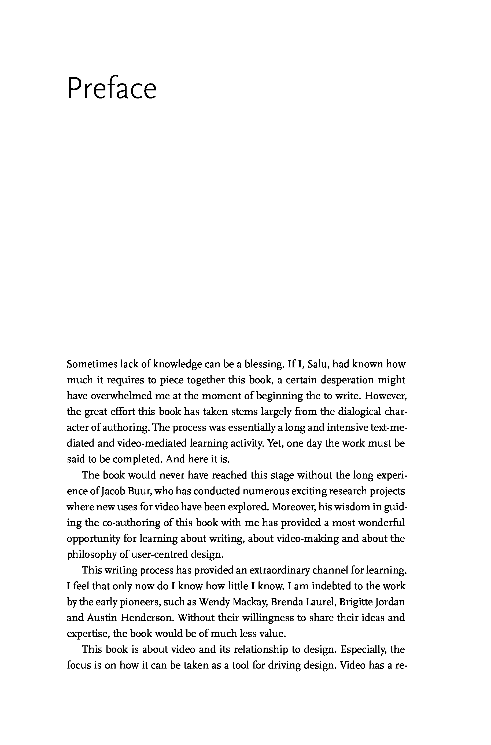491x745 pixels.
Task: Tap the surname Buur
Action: click(x=140, y=491)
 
